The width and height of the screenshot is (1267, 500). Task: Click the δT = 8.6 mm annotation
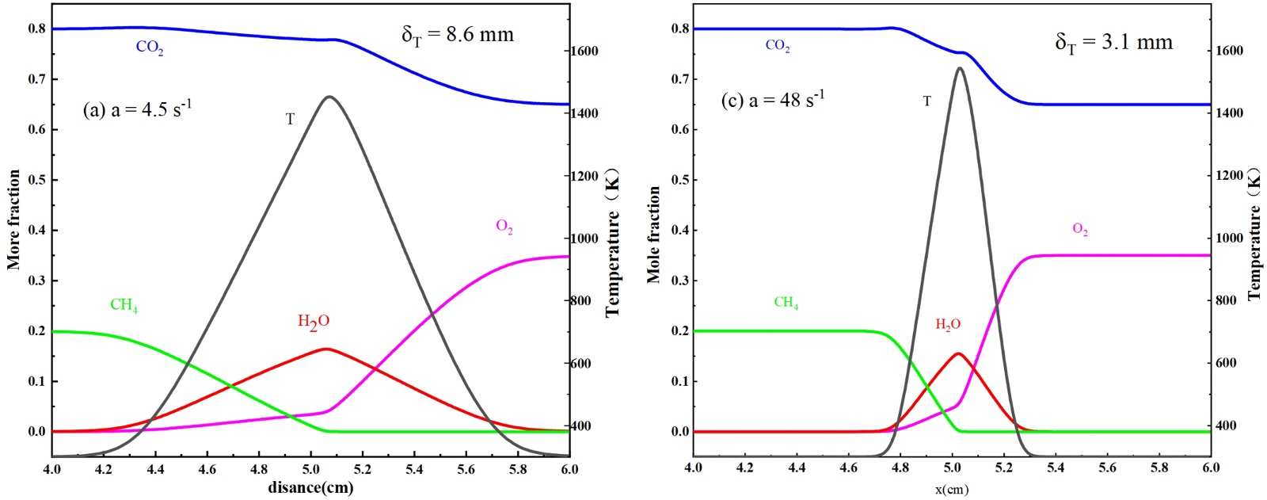458,35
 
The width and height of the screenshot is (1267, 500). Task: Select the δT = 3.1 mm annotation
1113,42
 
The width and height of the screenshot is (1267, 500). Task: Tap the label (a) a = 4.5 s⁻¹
136,109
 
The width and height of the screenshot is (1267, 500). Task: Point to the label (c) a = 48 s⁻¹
772,100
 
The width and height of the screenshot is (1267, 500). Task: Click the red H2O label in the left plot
314,322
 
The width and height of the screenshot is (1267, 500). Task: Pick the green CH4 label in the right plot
786,303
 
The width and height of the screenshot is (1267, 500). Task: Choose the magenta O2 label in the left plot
504,227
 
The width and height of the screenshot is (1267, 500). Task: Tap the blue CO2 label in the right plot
778,46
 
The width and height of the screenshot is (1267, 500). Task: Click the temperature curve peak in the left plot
329,97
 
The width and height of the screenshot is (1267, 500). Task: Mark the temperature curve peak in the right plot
960,68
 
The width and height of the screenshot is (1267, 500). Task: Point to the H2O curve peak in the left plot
326,349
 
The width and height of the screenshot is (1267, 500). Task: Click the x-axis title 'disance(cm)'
310,487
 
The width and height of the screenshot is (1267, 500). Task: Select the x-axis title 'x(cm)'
951,490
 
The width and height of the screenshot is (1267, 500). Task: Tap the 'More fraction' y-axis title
14,219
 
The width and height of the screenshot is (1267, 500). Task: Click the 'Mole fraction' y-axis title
653,235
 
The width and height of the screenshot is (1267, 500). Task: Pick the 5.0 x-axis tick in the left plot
310,469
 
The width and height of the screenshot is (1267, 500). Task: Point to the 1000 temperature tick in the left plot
585,239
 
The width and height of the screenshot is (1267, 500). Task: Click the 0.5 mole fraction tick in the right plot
679,180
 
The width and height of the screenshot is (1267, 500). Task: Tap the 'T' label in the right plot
927,101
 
